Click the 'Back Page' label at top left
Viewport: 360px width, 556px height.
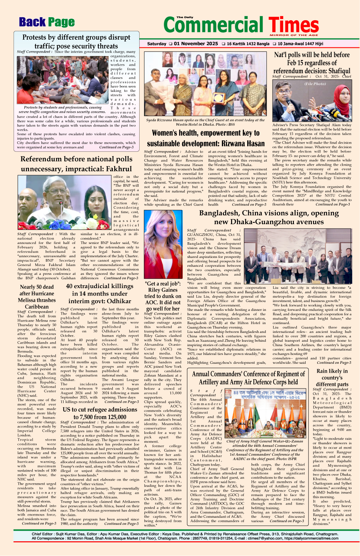pyautogui.click(x=47, y=22)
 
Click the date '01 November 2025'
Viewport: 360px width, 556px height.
pyautogui.click(x=196, y=44)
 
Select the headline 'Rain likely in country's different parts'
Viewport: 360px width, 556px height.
pyautogui.click(x=332, y=377)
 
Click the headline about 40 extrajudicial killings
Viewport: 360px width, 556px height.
pyautogui.click(x=100, y=293)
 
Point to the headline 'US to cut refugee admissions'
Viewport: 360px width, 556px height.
pyautogui.click(x=100, y=413)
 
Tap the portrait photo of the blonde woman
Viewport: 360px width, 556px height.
pyautogui.click(x=163, y=244)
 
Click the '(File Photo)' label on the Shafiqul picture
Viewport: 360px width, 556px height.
pyautogui.click(x=315, y=84)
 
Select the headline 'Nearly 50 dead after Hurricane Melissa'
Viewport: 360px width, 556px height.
pyautogui.click(x=37, y=297)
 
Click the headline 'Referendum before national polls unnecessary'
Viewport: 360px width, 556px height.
pyautogui.click(x=76, y=164)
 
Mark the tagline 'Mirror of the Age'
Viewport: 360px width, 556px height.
pyautogui.click(x=294, y=35)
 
